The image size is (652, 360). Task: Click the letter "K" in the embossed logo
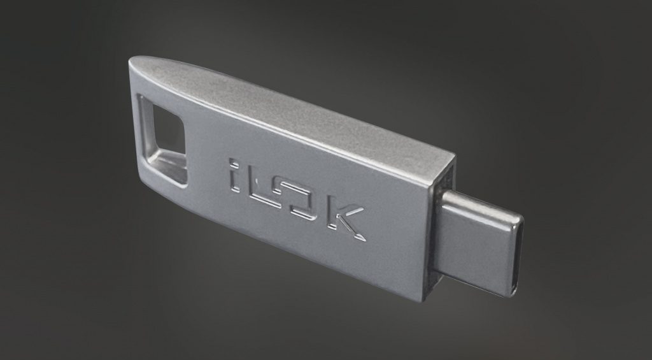pyautogui.click(x=346, y=220)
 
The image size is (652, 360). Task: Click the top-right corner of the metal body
pyautogui.click(x=453, y=155)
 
